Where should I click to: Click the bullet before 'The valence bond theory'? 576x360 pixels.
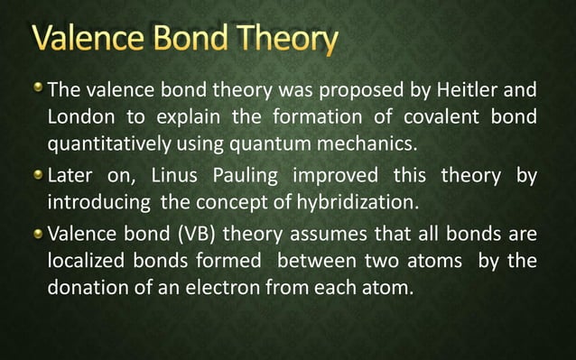tap(37, 89)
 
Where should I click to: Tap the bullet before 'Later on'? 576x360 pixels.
tap(37, 173)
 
